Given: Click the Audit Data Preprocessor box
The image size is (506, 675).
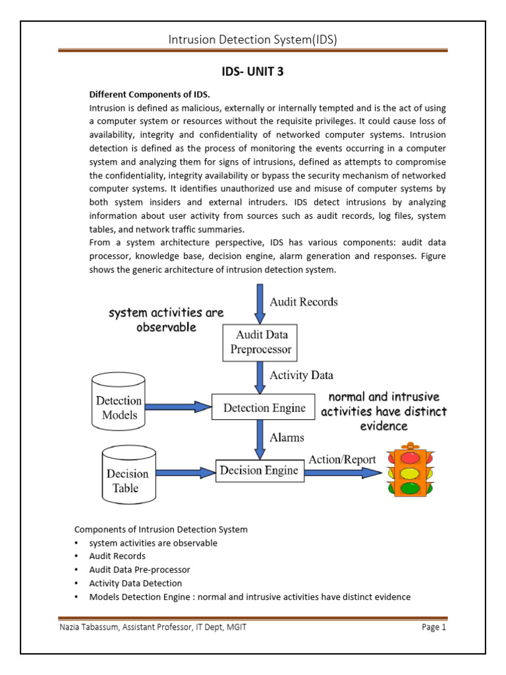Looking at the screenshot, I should pyautogui.click(x=260, y=342).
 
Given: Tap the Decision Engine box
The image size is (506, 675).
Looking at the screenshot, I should pyautogui.click(x=260, y=471).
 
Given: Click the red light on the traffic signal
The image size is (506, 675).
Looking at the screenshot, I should pyautogui.click(x=410, y=457).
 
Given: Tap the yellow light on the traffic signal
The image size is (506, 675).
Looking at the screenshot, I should pyautogui.click(x=410, y=473).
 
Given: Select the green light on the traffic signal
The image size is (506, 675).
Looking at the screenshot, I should pyautogui.click(x=410, y=488).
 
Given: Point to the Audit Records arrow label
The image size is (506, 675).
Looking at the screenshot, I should pyautogui.click(x=304, y=302).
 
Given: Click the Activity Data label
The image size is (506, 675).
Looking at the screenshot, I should pyautogui.click(x=302, y=375).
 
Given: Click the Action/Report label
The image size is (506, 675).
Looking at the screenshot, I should pyautogui.click(x=343, y=459).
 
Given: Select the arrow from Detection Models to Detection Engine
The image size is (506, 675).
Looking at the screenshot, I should pyautogui.click(x=178, y=407).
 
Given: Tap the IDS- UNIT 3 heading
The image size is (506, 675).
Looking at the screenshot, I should pyautogui.click(x=253, y=72).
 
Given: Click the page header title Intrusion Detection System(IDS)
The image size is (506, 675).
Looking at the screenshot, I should pyautogui.click(x=253, y=40).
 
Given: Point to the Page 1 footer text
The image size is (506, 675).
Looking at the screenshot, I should pyautogui.click(x=434, y=628).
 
